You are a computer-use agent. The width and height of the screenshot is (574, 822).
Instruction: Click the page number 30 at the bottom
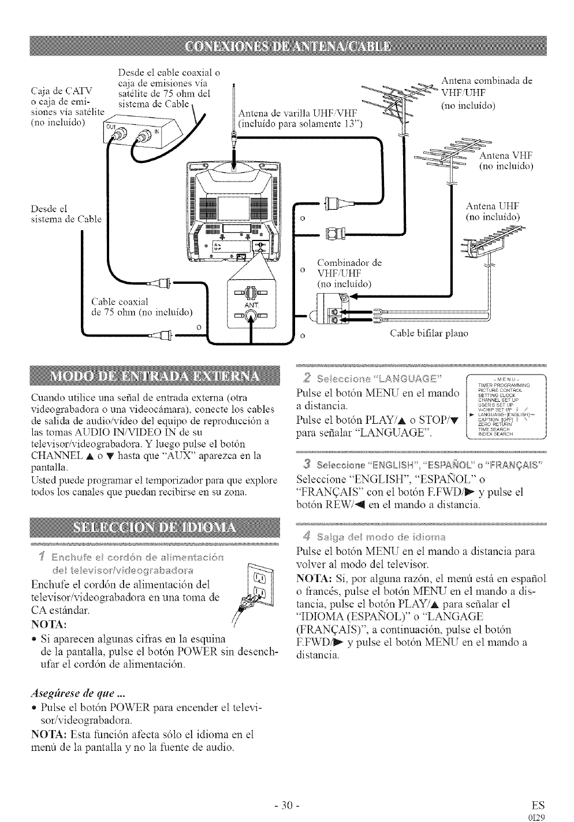286,804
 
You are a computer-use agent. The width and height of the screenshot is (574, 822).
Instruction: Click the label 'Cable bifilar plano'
429,333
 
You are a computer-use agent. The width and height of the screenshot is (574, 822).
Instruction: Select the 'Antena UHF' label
493,211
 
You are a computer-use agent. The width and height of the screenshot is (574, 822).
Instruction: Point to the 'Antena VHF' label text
506,161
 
